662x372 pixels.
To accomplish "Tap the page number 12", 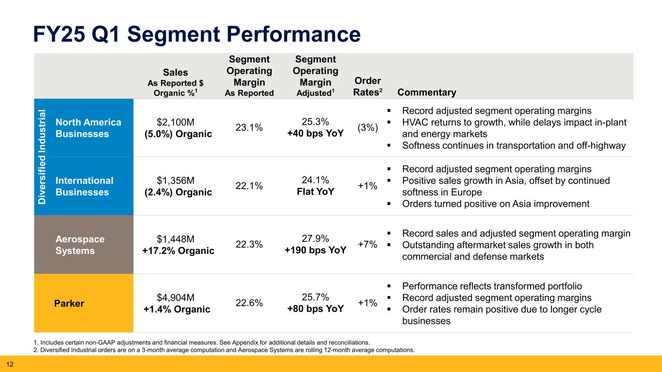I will [x=9, y=364].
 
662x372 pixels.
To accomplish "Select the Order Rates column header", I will [x=368, y=86].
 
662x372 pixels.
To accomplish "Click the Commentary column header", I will [x=426, y=93].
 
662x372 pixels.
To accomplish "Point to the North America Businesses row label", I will [x=88, y=128].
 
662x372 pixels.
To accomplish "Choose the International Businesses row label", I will [x=84, y=186].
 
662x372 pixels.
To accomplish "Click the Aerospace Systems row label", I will [x=80, y=245].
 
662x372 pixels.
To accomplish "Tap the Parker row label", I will [x=69, y=304].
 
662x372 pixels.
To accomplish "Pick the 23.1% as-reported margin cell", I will [x=249, y=128].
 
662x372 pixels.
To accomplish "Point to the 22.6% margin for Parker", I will [x=249, y=303].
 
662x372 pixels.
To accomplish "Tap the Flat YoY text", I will [x=315, y=192].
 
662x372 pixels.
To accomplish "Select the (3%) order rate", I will [x=368, y=128].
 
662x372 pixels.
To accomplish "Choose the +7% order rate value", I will [x=367, y=245].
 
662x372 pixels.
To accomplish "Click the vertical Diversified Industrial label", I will [x=42, y=157].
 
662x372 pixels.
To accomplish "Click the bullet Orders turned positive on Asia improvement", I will [x=496, y=204].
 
